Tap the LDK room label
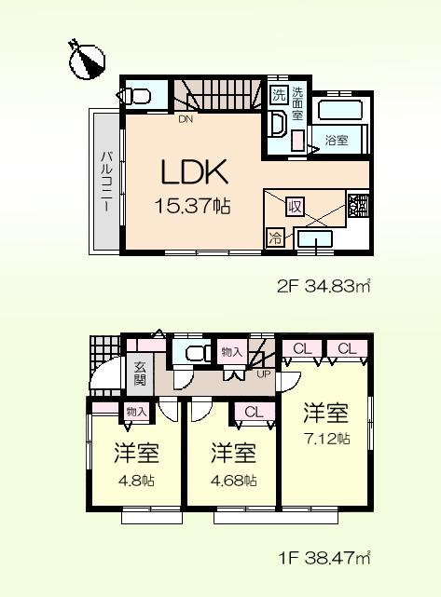(x=194, y=173)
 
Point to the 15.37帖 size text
(x=194, y=208)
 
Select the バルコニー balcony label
(x=106, y=179)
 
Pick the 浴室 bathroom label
(x=336, y=140)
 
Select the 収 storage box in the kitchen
(x=294, y=205)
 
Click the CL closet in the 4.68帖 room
(x=253, y=411)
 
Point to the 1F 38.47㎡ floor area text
(x=324, y=559)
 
